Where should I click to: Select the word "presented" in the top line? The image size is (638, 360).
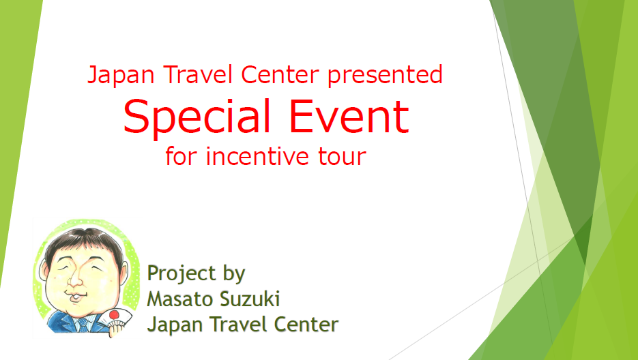(385, 74)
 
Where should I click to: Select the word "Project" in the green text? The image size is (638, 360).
(182, 274)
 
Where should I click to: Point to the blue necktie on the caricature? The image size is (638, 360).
(83, 326)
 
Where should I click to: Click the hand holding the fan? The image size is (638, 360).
(117, 329)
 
